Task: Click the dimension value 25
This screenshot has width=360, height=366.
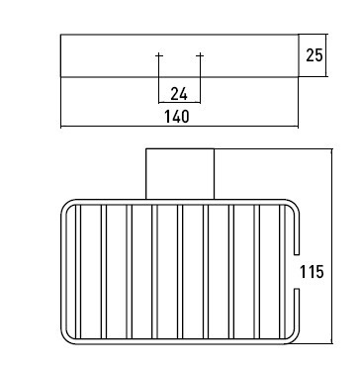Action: tap(315, 55)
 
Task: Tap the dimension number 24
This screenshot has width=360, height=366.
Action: tap(179, 95)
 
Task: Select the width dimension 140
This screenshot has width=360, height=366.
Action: tap(177, 117)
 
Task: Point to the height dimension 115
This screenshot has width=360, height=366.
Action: tap(312, 272)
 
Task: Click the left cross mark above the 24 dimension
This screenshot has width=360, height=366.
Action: tap(159, 55)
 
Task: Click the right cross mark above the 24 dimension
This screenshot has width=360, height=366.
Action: tap(200, 55)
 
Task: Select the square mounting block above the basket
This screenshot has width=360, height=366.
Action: tap(180, 174)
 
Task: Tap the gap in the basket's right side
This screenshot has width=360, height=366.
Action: tap(297, 272)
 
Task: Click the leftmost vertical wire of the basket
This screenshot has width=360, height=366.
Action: tap(78, 272)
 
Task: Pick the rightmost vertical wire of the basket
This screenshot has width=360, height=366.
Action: tap(282, 272)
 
